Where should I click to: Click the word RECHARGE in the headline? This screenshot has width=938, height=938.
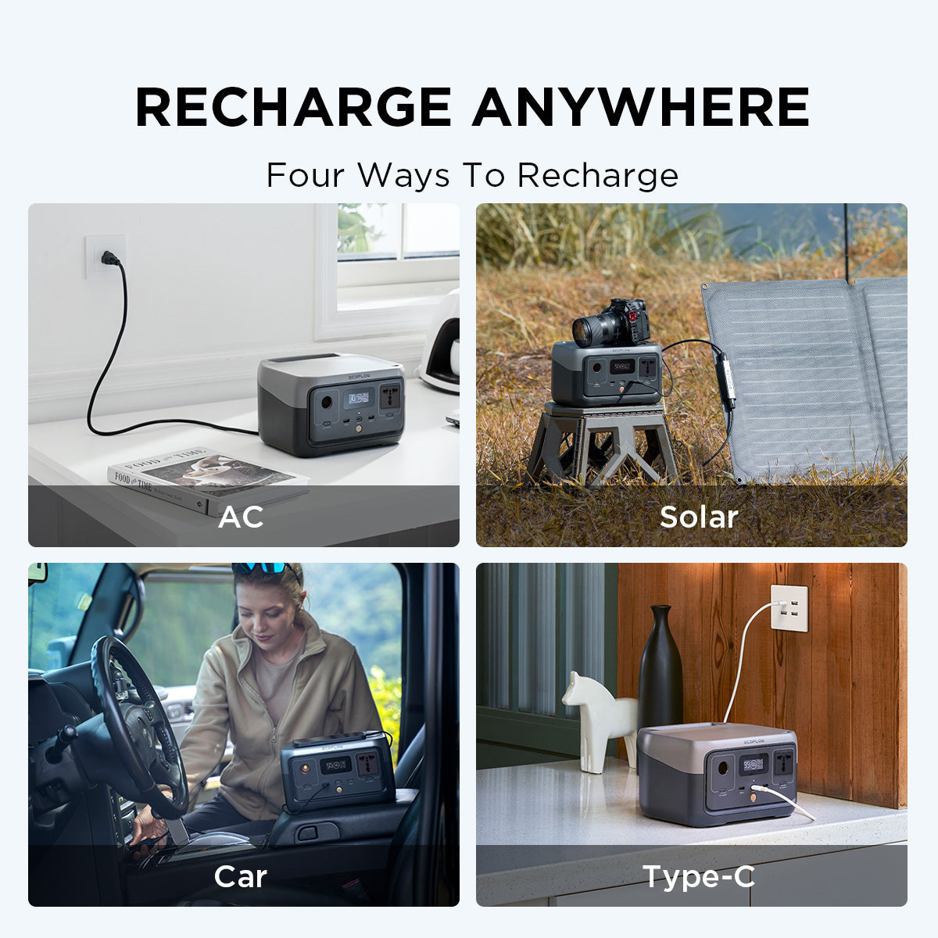pos(293,107)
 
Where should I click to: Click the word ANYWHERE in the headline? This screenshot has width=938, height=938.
pos(641,107)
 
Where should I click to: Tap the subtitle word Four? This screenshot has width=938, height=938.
pos(306,175)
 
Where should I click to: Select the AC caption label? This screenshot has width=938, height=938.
pos(241,517)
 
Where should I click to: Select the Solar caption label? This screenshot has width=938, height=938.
pos(699,517)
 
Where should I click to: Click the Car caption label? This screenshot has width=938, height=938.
pos(241,876)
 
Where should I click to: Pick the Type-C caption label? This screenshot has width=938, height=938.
pos(699,876)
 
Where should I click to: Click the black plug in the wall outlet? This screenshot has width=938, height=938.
pos(109,258)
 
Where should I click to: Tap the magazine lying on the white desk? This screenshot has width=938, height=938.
pos(207,477)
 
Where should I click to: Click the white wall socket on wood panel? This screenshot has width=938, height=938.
pos(789,608)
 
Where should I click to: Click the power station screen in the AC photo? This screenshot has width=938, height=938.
pos(360,398)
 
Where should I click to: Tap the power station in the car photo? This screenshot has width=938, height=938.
pos(338,770)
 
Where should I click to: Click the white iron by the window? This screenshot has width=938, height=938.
pos(441,344)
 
